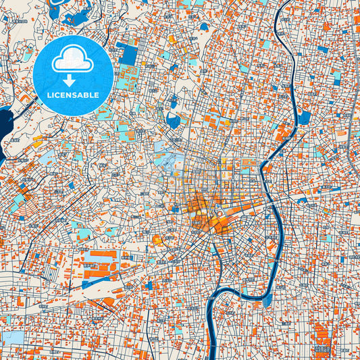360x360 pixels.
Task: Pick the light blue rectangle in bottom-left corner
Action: tap(11, 337)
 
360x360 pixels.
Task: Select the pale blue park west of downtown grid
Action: tap(165, 162)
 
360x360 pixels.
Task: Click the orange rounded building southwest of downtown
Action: tap(158, 239)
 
